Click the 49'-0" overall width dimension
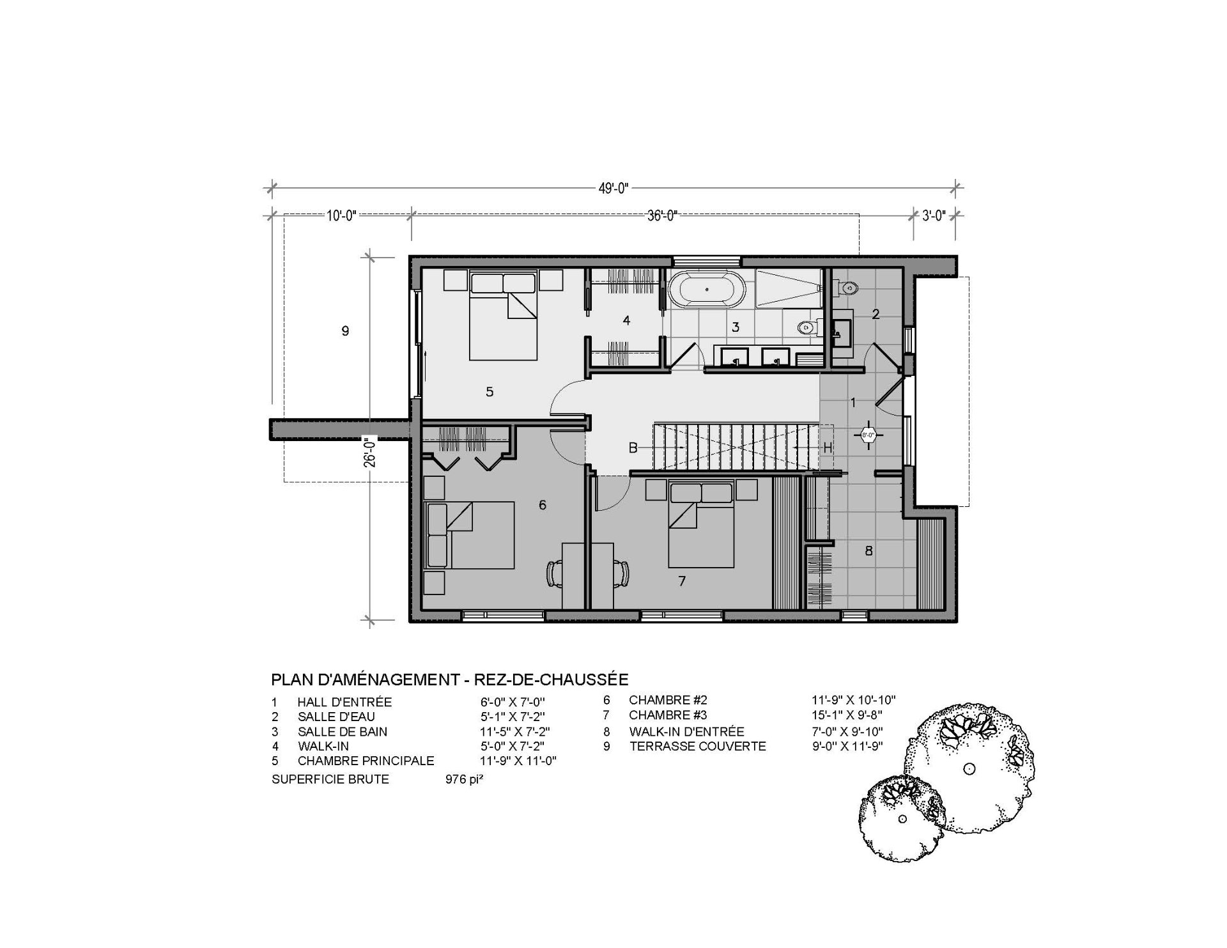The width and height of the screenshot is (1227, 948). tap(614, 188)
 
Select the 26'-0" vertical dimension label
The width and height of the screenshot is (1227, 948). tap(370, 453)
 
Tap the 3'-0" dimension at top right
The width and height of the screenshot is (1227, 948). tap(934, 215)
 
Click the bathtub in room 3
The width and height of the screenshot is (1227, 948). tap(707, 289)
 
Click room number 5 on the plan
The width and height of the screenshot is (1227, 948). tap(490, 392)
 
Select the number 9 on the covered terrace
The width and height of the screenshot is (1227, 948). tap(345, 331)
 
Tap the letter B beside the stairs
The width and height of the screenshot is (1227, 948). tap(633, 448)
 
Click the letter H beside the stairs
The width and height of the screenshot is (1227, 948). tap(827, 448)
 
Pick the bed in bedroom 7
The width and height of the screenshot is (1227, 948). tap(700, 525)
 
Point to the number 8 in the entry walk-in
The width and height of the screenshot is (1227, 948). tap(868, 550)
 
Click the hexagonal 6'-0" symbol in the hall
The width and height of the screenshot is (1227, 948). tap(868, 435)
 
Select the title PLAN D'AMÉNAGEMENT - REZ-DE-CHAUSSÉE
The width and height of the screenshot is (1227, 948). tap(450, 679)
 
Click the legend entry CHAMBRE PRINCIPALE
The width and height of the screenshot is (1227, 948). tap(366, 761)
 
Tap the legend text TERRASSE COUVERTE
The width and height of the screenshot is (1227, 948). tap(697, 746)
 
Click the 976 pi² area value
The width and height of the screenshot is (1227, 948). tap(464, 779)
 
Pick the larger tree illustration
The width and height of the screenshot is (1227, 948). tap(969, 766)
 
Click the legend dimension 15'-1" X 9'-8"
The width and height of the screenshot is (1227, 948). tap(847, 715)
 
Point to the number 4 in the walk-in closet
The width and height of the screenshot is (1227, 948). tap(626, 320)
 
